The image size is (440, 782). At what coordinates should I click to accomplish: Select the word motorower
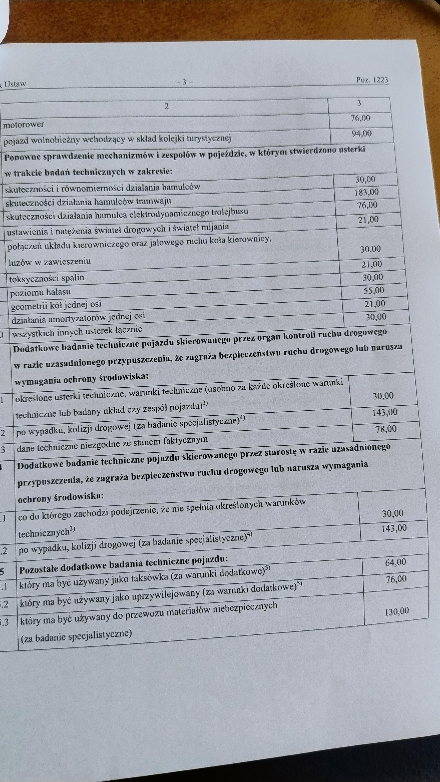pos(24,124)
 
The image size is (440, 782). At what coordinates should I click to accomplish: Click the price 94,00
pos(361,133)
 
